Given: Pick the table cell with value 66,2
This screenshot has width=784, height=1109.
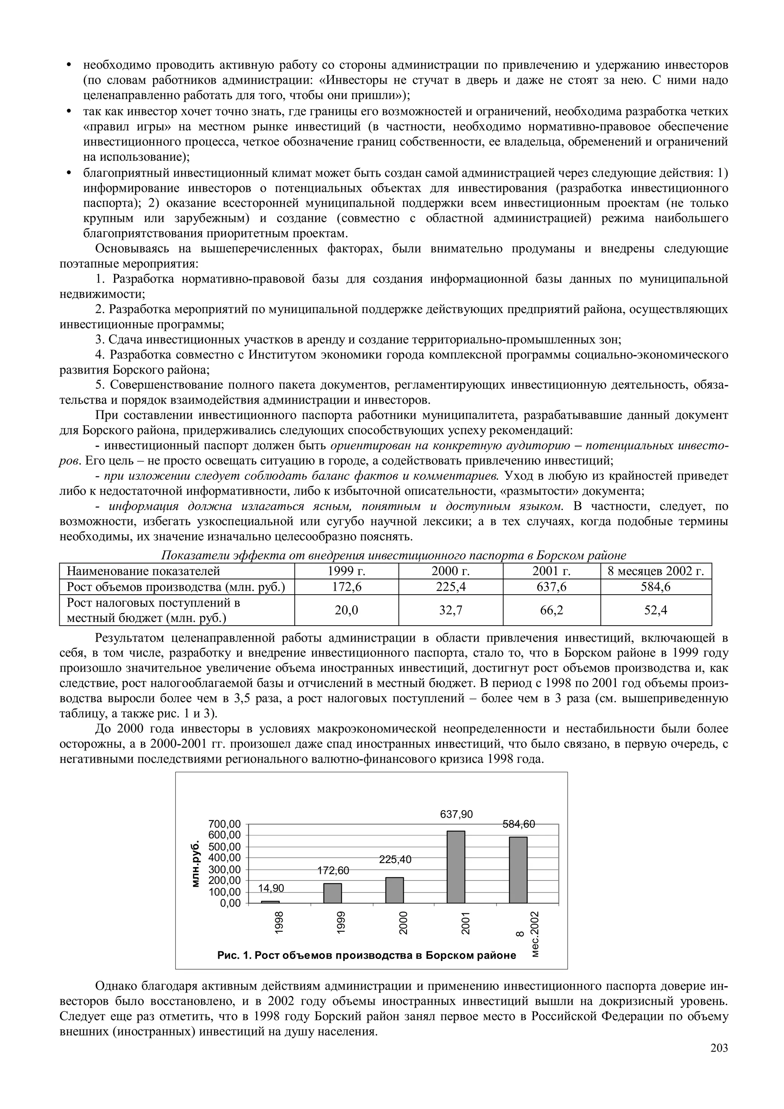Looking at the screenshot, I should pyautogui.click(x=551, y=610).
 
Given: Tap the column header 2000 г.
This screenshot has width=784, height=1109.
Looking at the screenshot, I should pyautogui.click(x=450, y=571).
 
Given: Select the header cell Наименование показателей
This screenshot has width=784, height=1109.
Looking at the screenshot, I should pyautogui.click(x=143, y=571).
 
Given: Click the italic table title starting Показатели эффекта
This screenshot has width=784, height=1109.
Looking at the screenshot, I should pyautogui.click(x=393, y=556).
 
